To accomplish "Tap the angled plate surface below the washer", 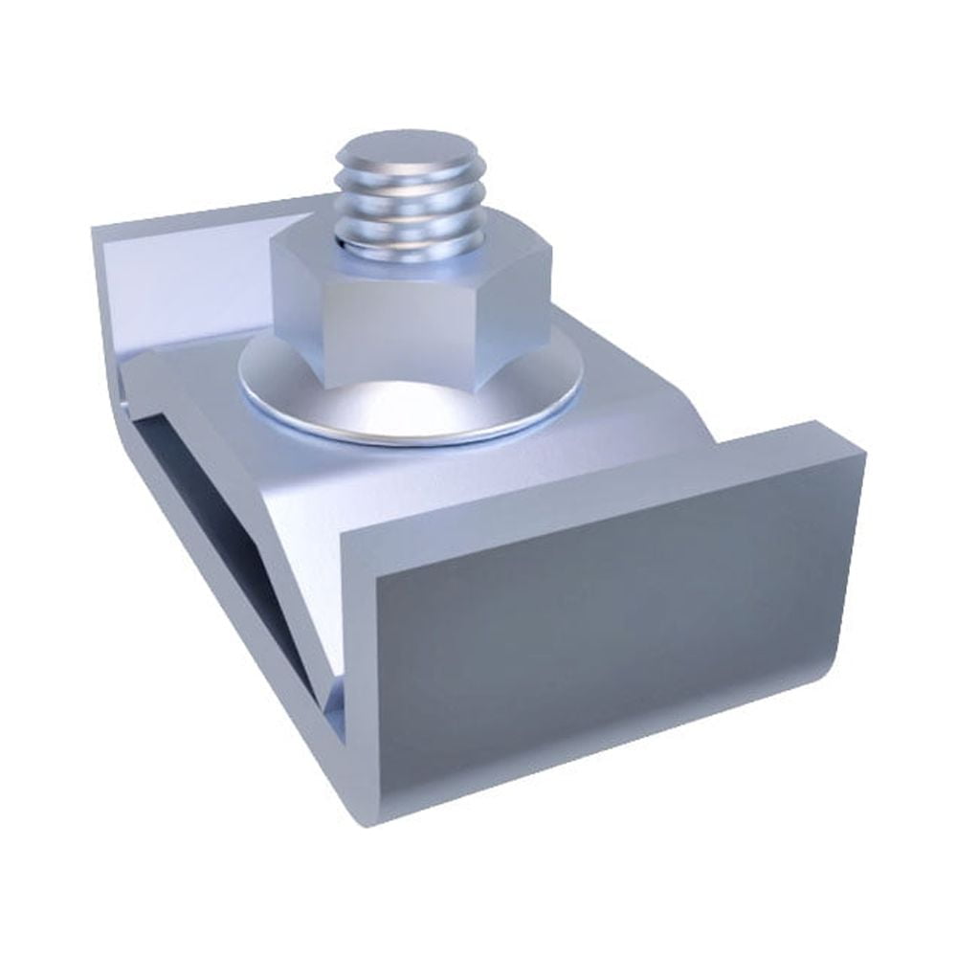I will [x=335, y=488].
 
